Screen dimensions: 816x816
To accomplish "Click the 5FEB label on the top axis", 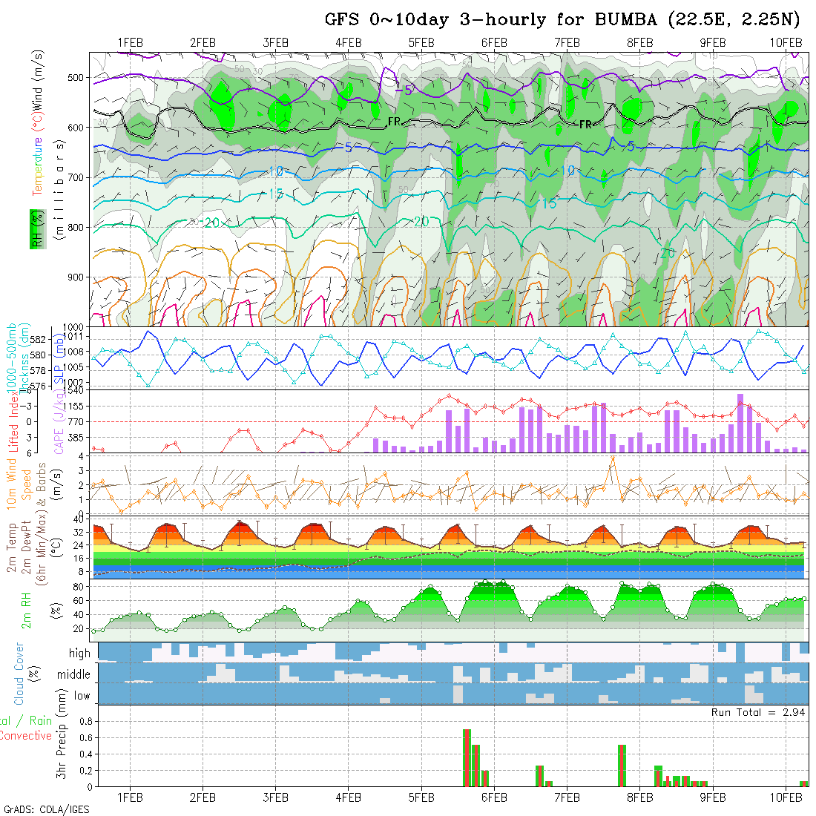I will [421, 42].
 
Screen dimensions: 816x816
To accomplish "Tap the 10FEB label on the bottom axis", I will [786, 797].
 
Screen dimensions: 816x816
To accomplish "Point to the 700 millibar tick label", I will [77, 177].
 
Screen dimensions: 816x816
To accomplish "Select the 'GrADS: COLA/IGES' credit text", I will [46, 809].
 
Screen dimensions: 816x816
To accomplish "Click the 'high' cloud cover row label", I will [79, 654].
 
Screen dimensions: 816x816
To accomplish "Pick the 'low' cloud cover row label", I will [82, 696].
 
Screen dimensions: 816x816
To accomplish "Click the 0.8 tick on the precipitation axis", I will [85, 721].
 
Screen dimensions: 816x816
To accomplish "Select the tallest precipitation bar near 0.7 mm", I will [467, 757].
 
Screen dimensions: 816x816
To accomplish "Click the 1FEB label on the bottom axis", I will [130, 797].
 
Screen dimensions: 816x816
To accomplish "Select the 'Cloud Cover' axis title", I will [19, 674].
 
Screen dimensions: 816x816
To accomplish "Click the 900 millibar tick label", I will [77, 277].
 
